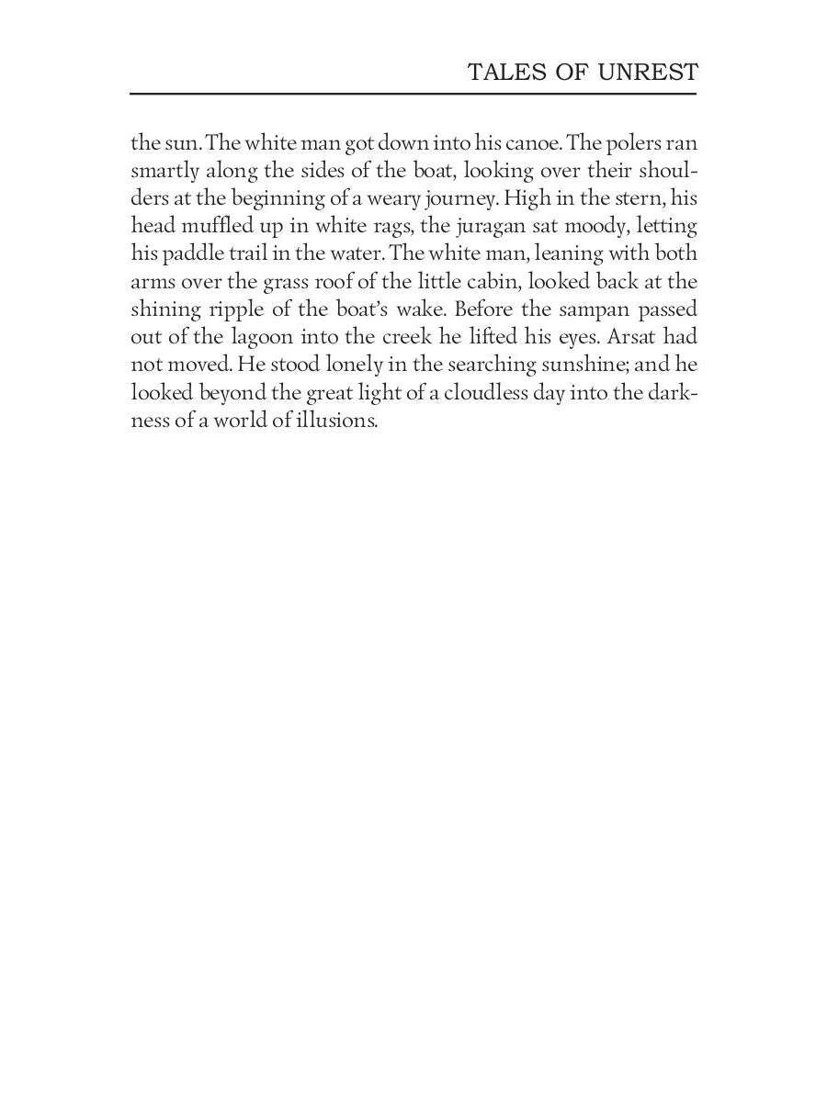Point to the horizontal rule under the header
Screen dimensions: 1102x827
(413, 94)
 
